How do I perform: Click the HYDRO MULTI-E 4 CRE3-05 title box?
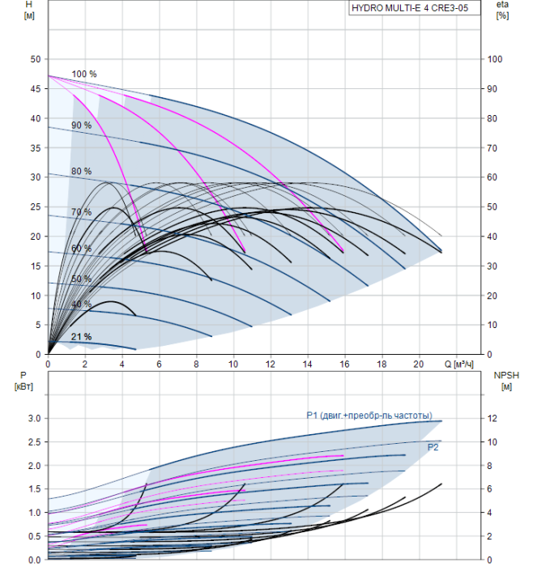coord(415,8)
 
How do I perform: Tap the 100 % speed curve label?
coord(84,75)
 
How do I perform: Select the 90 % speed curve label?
coord(81,126)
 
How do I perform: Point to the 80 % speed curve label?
coord(81,171)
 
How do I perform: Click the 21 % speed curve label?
coord(81,337)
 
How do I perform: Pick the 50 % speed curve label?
coord(81,279)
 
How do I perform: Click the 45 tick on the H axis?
coord(36,88)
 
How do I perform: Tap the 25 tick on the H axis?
coord(36,207)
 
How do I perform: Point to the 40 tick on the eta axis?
coord(492,237)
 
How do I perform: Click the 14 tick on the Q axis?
coord(307,364)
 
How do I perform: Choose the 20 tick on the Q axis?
coord(419,364)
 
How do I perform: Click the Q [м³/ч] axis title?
coord(458,364)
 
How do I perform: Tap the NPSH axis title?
coord(506,375)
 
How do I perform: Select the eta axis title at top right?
coord(503,5)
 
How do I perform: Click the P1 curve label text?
coord(369,416)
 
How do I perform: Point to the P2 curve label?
coord(433,447)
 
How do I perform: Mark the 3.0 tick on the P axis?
coord(35,419)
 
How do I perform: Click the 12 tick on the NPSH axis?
coord(492,419)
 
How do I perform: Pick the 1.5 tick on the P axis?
coord(35,489)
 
